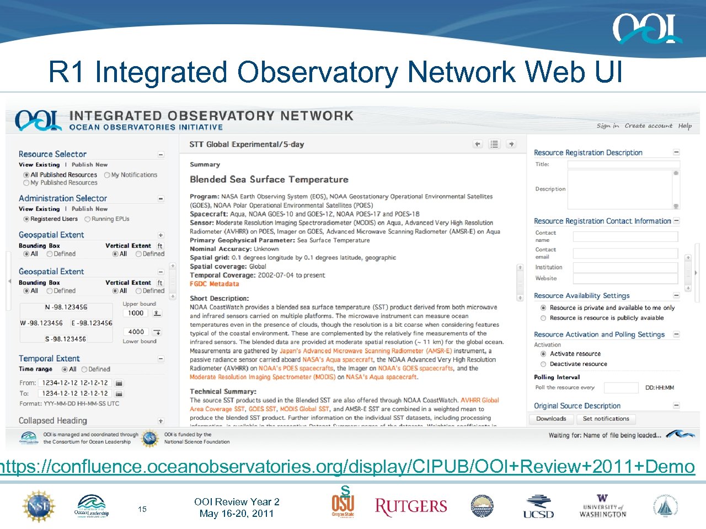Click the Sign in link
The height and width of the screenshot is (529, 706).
point(607,126)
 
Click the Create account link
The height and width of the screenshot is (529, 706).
point(648,126)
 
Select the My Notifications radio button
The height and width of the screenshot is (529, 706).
point(107,175)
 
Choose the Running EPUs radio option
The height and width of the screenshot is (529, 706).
point(87,219)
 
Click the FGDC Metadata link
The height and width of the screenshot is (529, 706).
point(215,284)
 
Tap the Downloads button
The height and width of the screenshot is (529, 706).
point(551,419)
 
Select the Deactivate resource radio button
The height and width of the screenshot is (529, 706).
point(543,364)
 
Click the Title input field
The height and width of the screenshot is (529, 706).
point(623,164)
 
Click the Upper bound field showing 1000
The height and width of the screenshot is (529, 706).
point(136,314)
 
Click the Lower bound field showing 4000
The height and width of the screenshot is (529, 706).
point(136,332)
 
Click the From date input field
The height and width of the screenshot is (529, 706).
point(75,383)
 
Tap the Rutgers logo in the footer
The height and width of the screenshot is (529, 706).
point(411,506)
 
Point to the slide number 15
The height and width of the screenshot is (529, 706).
point(142,509)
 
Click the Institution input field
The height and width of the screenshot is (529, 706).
point(625,267)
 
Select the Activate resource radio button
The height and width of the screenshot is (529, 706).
point(543,354)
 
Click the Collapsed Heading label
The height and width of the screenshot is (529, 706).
point(53,421)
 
